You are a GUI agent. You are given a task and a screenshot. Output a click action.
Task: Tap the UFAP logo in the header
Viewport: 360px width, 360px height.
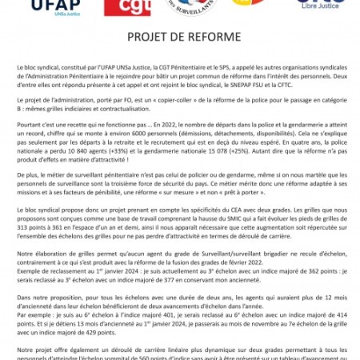30,7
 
